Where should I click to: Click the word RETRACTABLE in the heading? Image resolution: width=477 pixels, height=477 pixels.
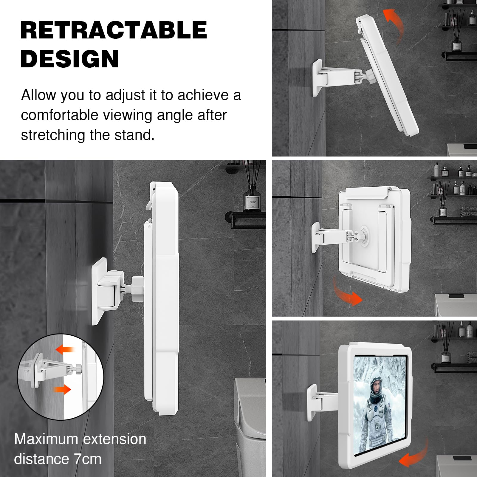coord(114,30)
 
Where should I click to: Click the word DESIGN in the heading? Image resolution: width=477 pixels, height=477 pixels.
coord(70,59)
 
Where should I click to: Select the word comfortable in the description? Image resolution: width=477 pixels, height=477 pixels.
coord(59,115)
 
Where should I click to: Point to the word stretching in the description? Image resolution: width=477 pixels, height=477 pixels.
coord(53,135)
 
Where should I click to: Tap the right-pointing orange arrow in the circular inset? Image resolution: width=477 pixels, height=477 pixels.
coord(62,389)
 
